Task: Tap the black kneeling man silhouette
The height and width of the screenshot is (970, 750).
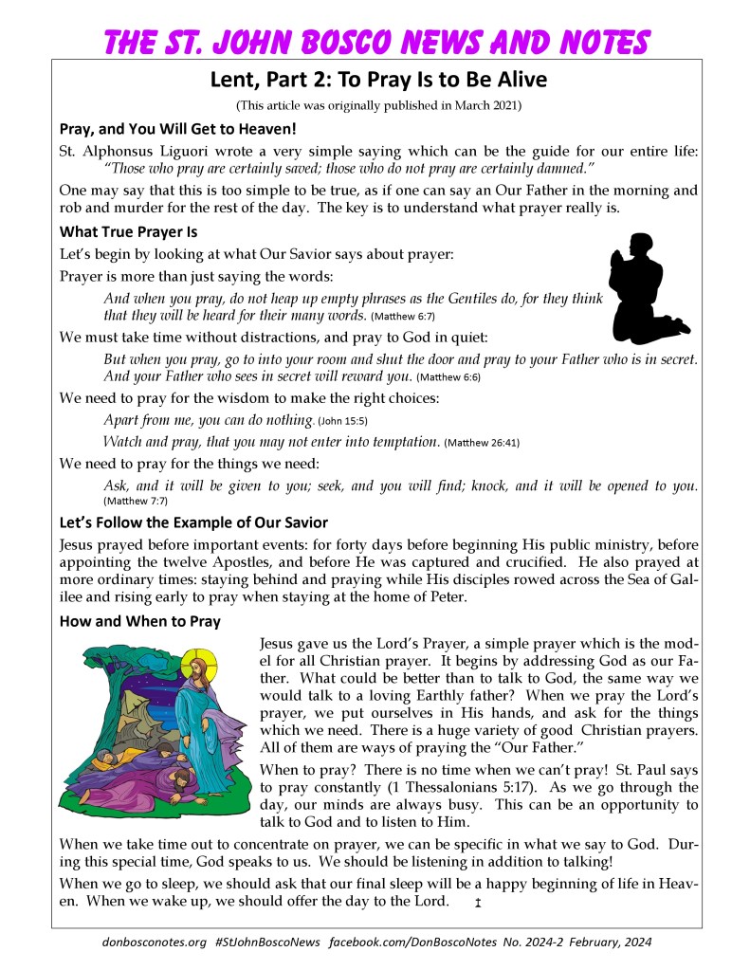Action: (646, 288)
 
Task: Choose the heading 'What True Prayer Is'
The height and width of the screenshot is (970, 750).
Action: (128, 230)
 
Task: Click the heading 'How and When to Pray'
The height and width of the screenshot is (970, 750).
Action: (139, 622)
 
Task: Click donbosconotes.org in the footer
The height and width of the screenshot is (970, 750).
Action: (154, 943)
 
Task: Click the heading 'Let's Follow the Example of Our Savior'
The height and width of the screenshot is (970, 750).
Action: (193, 522)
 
